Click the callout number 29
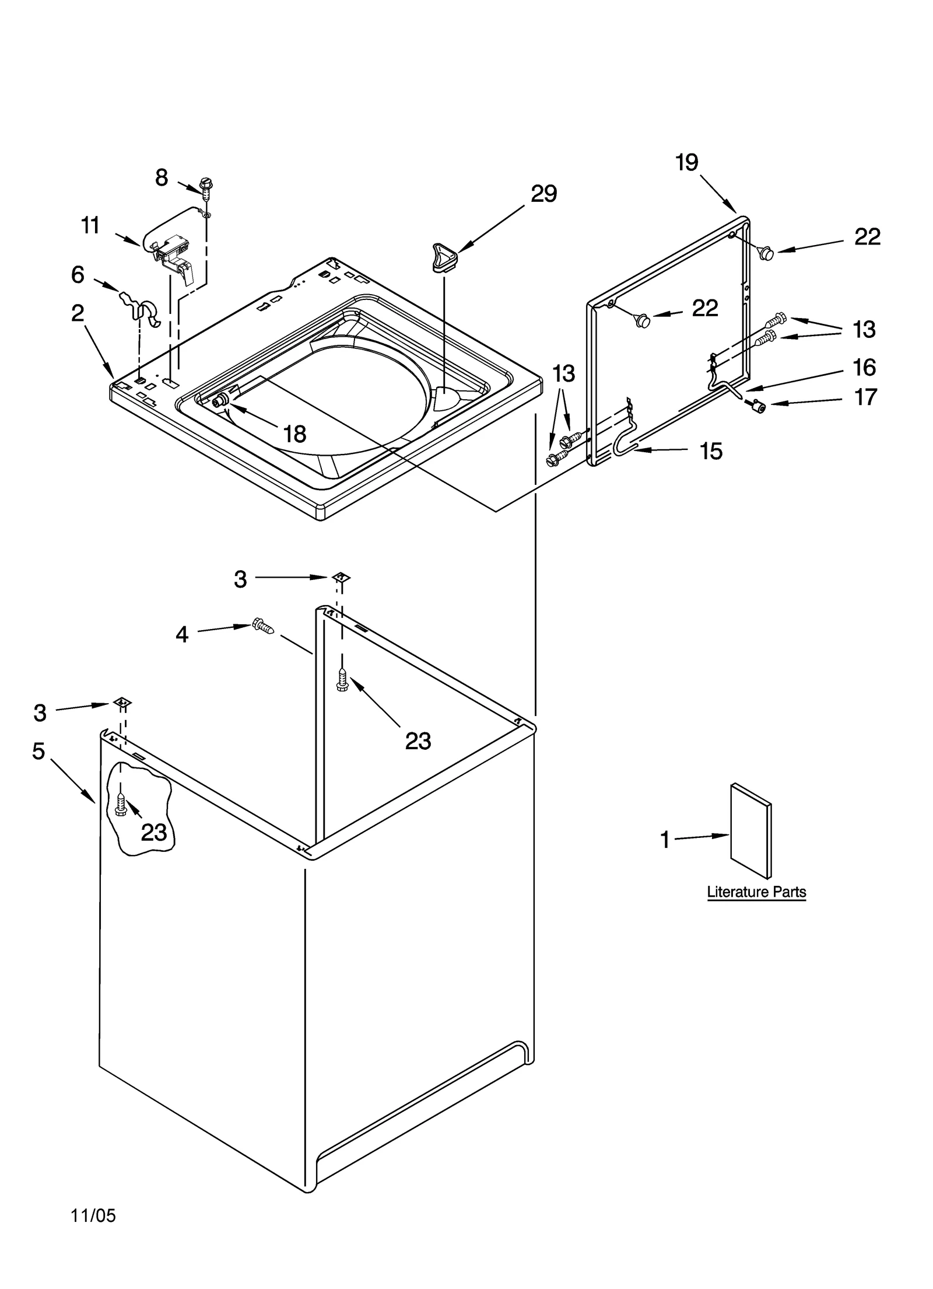click(x=543, y=194)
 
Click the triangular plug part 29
click(x=444, y=257)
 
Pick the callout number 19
click(x=687, y=162)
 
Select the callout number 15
click(x=711, y=451)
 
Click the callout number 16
click(x=864, y=367)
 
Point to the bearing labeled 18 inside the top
click(x=222, y=400)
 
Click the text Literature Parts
click(x=756, y=892)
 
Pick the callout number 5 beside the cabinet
click(x=38, y=751)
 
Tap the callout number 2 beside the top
click(x=78, y=313)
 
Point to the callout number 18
click(x=295, y=434)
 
